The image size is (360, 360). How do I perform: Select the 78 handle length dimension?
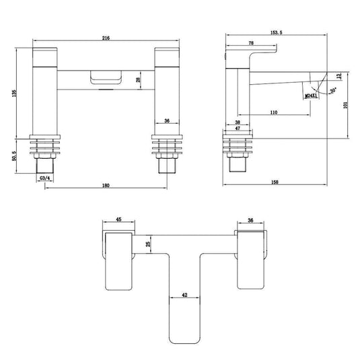(250, 43)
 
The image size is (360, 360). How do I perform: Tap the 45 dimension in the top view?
(118, 219)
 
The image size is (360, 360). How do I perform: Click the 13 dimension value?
(338, 75)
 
